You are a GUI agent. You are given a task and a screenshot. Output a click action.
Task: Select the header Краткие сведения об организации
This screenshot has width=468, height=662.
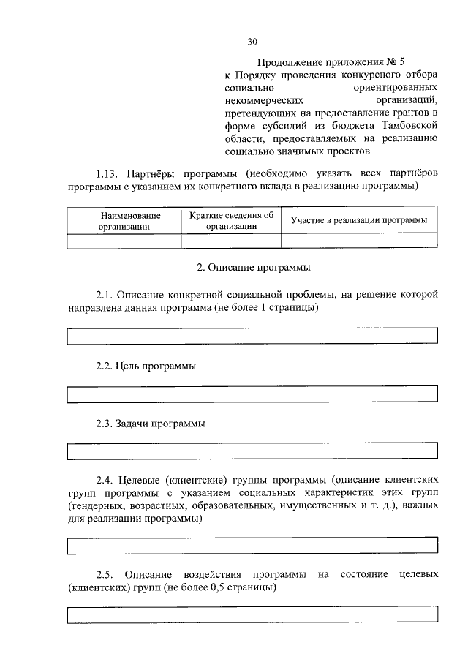tap(231, 220)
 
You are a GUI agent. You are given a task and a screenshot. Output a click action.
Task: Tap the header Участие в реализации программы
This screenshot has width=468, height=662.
tap(358, 220)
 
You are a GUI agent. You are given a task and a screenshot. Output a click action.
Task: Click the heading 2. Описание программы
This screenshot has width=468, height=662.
tap(252, 267)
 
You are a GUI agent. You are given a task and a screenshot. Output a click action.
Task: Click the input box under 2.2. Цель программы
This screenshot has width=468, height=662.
tap(252, 395)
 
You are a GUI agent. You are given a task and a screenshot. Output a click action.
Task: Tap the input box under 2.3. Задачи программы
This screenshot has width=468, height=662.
tap(252, 451)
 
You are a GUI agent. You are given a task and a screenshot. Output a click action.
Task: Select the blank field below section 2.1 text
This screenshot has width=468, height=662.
tap(252, 336)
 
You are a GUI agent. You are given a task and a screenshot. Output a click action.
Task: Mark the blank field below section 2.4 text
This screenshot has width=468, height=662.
tap(252, 545)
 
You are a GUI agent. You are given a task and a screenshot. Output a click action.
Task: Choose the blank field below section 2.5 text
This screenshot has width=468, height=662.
tap(252, 614)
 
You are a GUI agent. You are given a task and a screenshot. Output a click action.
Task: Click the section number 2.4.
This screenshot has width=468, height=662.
tap(106, 480)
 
